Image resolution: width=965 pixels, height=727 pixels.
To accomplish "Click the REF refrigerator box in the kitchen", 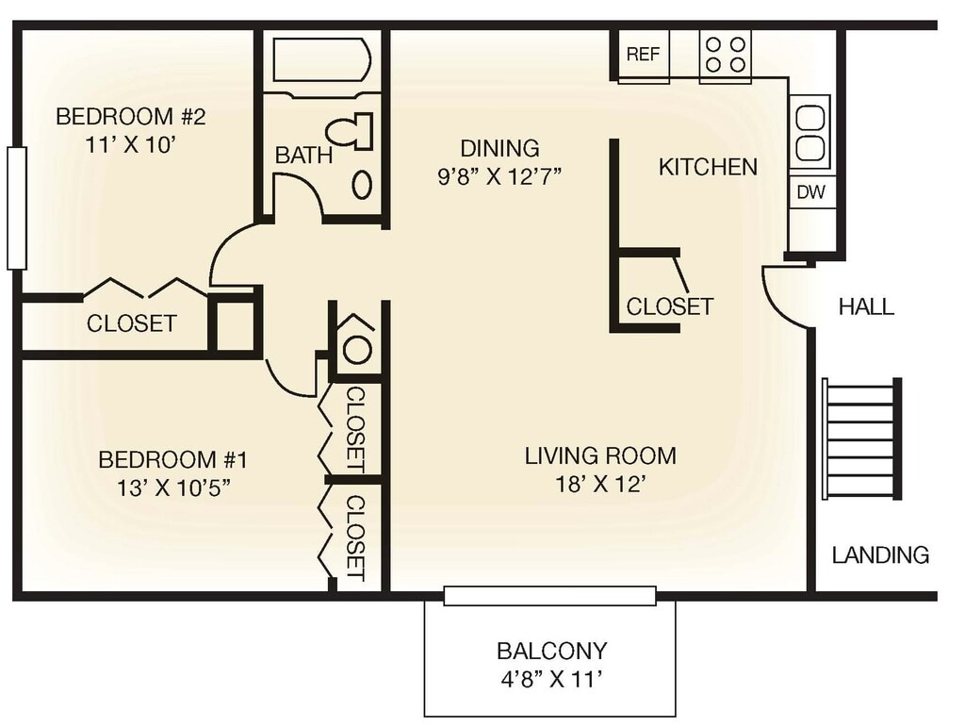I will tap(644, 55).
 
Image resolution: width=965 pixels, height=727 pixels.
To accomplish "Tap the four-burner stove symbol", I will tap(725, 54).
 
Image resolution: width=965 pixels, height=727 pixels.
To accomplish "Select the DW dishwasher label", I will tap(810, 192).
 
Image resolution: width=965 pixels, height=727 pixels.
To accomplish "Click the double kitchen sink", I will tap(810, 132).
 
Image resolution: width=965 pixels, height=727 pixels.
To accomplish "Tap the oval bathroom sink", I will tap(362, 184).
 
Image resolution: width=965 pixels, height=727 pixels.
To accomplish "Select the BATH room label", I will tap(303, 155).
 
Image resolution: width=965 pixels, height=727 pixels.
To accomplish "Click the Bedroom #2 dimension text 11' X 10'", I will tap(130, 145).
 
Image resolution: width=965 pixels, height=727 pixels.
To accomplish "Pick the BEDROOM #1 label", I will tap(172, 460).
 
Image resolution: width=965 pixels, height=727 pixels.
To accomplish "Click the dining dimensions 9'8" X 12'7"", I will tap(499, 177).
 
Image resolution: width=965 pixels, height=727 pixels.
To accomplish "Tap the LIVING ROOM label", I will tap(600, 456).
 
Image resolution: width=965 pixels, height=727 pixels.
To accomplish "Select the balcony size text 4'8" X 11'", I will tap(551, 678).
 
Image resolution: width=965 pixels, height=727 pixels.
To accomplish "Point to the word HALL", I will tap(866, 307).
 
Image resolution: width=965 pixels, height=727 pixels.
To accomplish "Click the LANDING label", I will tap(880, 555).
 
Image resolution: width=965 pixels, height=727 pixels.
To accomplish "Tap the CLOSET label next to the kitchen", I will tap(669, 307).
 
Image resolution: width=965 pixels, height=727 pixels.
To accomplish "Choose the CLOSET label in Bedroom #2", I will tap(131, 323).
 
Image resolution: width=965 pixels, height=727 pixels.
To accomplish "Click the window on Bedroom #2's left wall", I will tap(16, 207).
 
